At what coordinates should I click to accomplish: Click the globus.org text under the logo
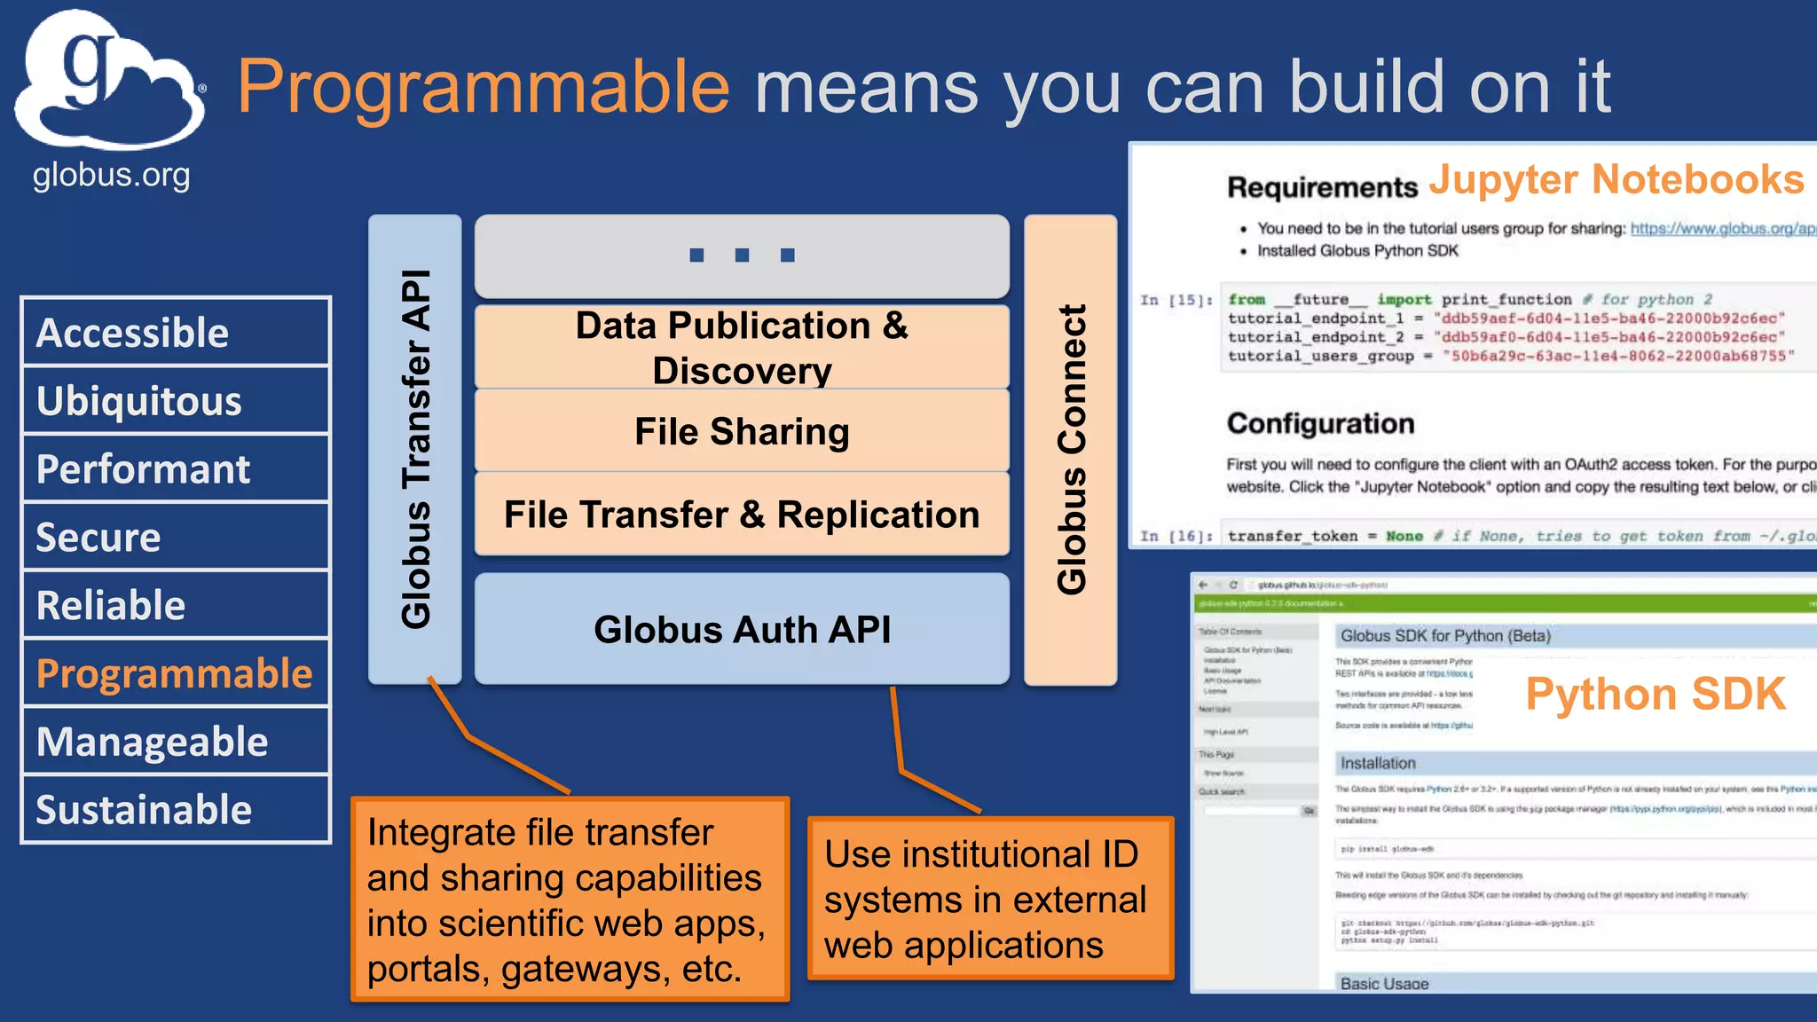pyautogui.click(x=111, y=176)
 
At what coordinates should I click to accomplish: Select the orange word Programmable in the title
pyautogui.click(x=484, y=87)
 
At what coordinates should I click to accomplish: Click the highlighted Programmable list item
pyautogui.click(x=176, y=673)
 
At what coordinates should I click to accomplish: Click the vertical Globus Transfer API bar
pyautogui.click(x=415, y=449)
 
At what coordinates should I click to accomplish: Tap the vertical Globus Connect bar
pyautogui.click(x=1071, y=449)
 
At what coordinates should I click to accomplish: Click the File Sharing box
pyautogui.click(x=742, y=431)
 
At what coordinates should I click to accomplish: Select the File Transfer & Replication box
pyautogui.click(x=742, y=515)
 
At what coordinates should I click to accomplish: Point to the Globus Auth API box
pyautogui.click(x=742, y=629)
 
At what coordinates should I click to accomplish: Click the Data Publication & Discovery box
pyautogui.click(x=742, y=347)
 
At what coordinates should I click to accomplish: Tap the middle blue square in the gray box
pyautogui.click(x=742, y=255)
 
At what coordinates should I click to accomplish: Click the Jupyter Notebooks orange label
pyautogui.click(x=1616, y=179)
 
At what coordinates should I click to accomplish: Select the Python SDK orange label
pyautogui.click(x=1655, y=694)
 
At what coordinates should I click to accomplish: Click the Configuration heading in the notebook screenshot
pyautogui.click(x=1320, y=423)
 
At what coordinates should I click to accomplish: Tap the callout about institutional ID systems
pyautogui.click(x=990, y=899)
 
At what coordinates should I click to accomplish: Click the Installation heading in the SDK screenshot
pyautogui.click(x=1378, y=763)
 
